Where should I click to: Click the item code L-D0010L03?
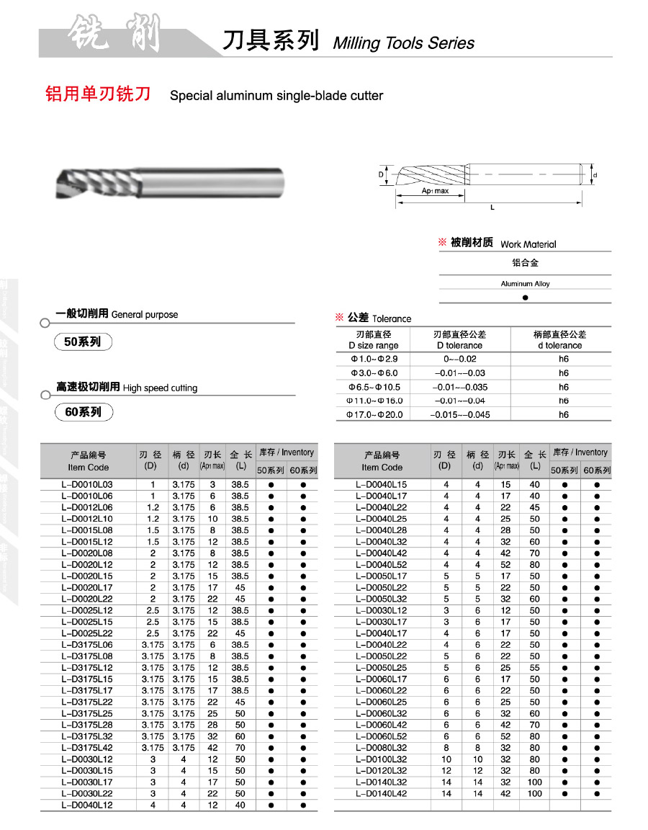(x=87, y=485)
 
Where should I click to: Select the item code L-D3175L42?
(x=87, y=748)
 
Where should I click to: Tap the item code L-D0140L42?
(x=382, y=794)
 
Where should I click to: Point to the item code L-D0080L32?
(x=382, y=748)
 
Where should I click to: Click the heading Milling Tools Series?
(x=403, y=43)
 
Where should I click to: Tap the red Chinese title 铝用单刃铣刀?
(x=98, y=94)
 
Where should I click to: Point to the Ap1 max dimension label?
(x=435, y=191)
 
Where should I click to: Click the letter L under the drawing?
(x=492, y=207)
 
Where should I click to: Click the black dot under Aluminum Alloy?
(x=525, y=297)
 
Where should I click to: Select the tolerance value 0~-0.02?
(x=461, y=359)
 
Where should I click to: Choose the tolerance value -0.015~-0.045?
(x=461, y=414)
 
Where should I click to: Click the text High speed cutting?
(x=160, y=388)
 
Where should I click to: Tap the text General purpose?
(x=145, y=315)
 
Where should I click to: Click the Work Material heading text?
(x=528, y=244)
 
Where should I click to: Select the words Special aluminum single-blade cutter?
(x=276, y=96)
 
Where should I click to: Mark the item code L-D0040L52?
(x=382, y=565)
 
